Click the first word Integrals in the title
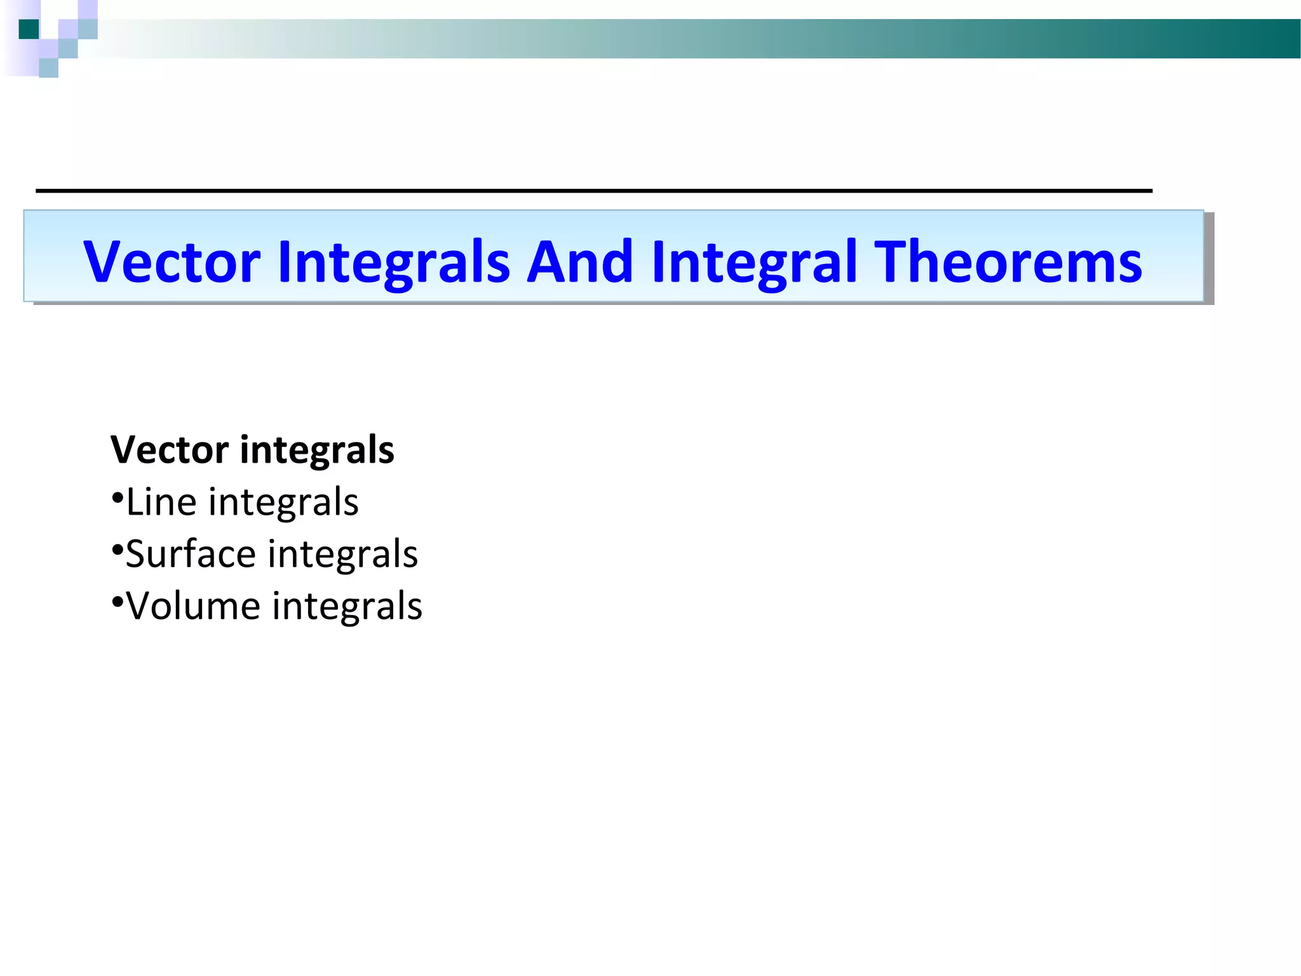pyautogui.click(x=394, y=262)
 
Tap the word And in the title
pyautogui.click(x=580, y=262)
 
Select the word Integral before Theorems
pyautogui.click(x=754, y=262)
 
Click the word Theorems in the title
pyautogui.click(x=1008, y=262)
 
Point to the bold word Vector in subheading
pyautogui.click(x=169, y=450)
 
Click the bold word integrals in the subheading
pyautogui.click(x=317, y=450)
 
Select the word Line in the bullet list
pyautogui.click(x=161, y=502)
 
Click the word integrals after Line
pyautogui.click(x=283, y=502)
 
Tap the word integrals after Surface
pyautogui.click(x=343, y=553)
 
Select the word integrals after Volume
pyautogui.click(x=347, y=606)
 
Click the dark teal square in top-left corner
pyautogui.click(x=29, y=29)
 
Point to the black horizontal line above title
pyautogui.click(x=594, y=190)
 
